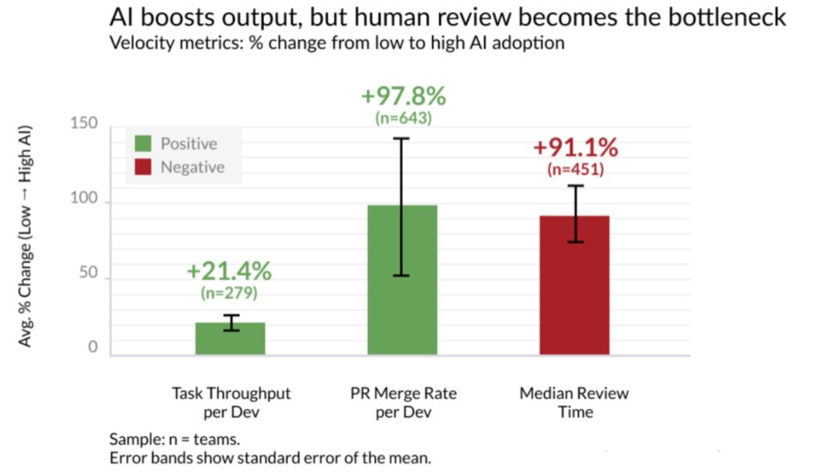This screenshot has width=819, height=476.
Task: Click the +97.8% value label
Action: point(403,96)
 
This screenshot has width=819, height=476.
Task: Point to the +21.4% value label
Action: point(229,271)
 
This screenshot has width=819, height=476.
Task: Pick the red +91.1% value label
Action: point(575,148)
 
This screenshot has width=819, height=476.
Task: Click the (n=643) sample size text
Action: point(403,118)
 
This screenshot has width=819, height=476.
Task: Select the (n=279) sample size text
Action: point(229,293)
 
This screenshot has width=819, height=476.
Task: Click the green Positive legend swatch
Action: point(143,144)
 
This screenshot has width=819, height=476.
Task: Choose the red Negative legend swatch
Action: point(143,167)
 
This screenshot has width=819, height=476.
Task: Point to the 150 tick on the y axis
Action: point(83,124)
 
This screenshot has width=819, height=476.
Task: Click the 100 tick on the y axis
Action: point(83,200)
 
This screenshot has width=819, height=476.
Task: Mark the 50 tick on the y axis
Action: point(88,273)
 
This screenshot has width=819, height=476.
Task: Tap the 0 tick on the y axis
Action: point(93,347)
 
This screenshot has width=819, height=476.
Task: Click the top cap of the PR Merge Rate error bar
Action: point(402,138)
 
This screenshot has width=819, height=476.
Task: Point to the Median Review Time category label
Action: point(574,402)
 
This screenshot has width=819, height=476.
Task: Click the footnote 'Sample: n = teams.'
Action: point(174,439)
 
